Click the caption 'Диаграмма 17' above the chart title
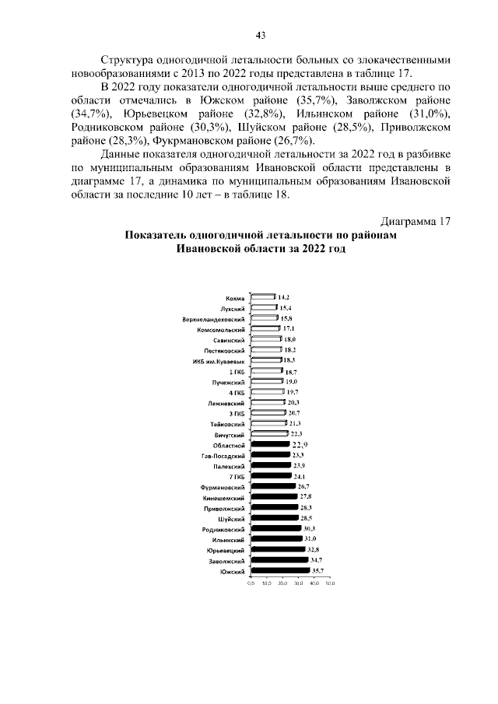pyautogui.click(x=416, y=221)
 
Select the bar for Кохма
pyautogui.click(x=262, y=297)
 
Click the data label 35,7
pyautogui.click(x=317, y=571)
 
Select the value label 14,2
pyautogui.click(x=284, y=297)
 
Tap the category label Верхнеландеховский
pyautogui.click(x=226, y=319)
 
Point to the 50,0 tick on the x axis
pyautogui.click(x=330, y=583)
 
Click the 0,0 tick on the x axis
pyautogui.click(x=251, y=583)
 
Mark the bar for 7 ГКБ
pyautogui.click(x=270, y=475)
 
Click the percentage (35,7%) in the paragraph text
pyautogui.click(x=318, y=102)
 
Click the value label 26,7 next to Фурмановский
pyautogui.click(x=303, y=486)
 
